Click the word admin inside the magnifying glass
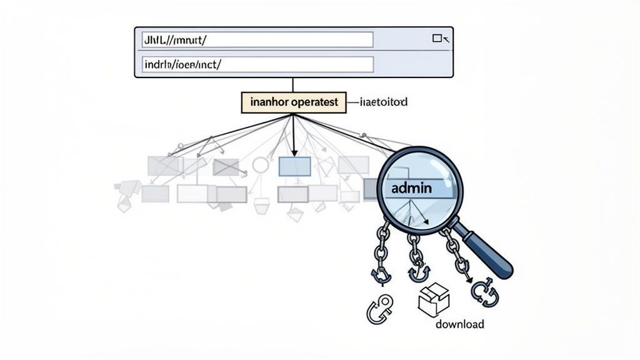point(414,187)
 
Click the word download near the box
point(460,324)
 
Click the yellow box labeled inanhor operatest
point(293,102)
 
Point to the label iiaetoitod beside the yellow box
point(384,101)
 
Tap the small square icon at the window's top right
point(437,39)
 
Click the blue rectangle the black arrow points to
point(294,166)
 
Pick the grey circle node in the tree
point(260,165)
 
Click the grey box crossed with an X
point(226,167)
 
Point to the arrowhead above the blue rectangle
point(293,150)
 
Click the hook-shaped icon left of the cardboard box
point(379,309)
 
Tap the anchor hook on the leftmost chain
point(381,273)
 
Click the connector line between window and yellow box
point(292,85)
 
